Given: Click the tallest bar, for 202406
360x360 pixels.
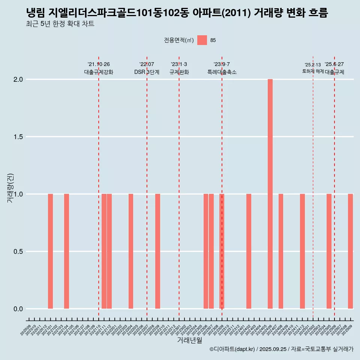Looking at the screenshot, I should (270, 194).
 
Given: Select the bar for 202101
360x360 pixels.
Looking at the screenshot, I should (50, 251).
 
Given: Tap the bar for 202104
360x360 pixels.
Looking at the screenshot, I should (66, 251).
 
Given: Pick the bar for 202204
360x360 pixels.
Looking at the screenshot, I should (131, 251).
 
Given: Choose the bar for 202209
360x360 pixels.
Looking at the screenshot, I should (157, 251).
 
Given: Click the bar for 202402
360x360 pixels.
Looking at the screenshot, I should (249, 251).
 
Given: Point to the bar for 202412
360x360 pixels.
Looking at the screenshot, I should (302, 251).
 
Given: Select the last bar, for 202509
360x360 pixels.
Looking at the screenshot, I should (350, 251).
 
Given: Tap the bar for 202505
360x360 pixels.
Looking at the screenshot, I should (329, 251).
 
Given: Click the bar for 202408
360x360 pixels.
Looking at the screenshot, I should (281, 251).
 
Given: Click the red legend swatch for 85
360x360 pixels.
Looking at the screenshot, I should (202, 40).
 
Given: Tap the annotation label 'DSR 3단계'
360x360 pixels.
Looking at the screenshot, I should (147, 72).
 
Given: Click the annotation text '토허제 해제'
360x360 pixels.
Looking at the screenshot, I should (313, 71).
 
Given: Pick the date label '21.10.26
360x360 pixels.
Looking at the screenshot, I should (99, 64).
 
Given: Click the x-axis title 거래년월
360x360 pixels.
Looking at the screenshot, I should (189, 340).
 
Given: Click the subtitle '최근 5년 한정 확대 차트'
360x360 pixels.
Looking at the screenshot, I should (60, 24).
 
